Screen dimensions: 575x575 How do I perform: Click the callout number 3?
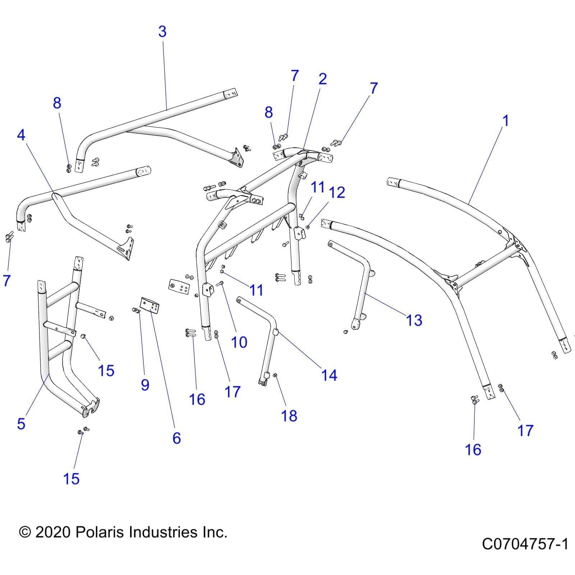(x=162, y=32)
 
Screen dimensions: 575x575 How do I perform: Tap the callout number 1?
(x=506, y=121)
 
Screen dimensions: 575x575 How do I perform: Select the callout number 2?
(x=322, y=79)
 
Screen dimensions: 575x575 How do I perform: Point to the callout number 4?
(x=21, y=135)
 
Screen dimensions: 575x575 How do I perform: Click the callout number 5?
(x=21, y=424)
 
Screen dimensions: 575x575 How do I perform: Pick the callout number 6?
(x=176, y=438)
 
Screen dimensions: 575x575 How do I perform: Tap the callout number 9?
(x=145, y=385)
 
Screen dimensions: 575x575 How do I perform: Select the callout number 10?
(x=239, y=342)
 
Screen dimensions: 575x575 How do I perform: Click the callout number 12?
(x=337, y=193)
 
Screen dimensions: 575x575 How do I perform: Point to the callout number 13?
(x=414, y=320)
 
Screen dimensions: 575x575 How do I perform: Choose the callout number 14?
(x=329, y=375)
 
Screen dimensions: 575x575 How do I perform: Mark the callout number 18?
(x=289, y=416)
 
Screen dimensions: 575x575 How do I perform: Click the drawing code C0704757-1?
(x=525, y=544)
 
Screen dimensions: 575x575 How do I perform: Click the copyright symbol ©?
(x=25, y=532)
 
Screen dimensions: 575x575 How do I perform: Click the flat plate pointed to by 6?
(x=150, y=306)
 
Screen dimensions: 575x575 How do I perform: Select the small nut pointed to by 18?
(x=275, y=376)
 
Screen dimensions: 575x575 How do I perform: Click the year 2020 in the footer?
(x=53, y=532)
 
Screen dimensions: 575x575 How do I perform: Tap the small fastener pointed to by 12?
(x=308, y=227)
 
